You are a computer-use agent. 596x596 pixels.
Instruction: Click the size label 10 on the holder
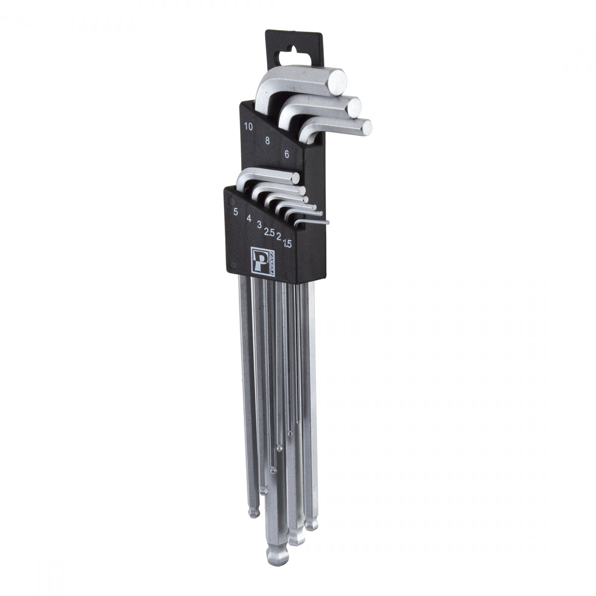click(248, 126)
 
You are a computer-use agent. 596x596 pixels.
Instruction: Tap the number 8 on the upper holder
click(267, 141)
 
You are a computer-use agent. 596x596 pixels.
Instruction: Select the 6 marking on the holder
click(287, 154)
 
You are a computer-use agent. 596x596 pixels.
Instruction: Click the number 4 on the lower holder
click(248, 217)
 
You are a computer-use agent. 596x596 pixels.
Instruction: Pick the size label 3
click(259, 224)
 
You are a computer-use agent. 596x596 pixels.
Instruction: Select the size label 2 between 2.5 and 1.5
click(280, 237)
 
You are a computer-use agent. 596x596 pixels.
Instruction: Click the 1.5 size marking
click(287, 244)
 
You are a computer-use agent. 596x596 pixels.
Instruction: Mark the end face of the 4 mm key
click(301, 190)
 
